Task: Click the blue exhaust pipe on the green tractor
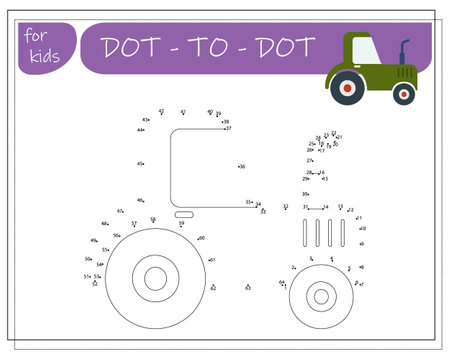point(405,52)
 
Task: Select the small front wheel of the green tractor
point(403,94)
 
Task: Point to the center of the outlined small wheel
point(320,295)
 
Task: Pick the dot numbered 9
point(360,243)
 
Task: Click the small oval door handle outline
point(184,214)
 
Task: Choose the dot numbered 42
point(163,112)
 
